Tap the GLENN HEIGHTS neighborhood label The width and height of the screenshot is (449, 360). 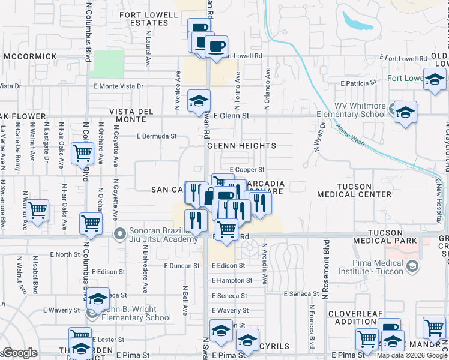(241, 146)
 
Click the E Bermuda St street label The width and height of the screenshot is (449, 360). (157, 136)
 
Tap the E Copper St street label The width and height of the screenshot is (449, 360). (247, 170)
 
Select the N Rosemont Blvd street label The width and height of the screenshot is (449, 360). (327, 270)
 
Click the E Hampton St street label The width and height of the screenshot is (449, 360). (232, 280)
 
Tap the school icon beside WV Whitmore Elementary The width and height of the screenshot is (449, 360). (406, 112)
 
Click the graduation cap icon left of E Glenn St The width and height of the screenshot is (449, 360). (198, 101)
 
